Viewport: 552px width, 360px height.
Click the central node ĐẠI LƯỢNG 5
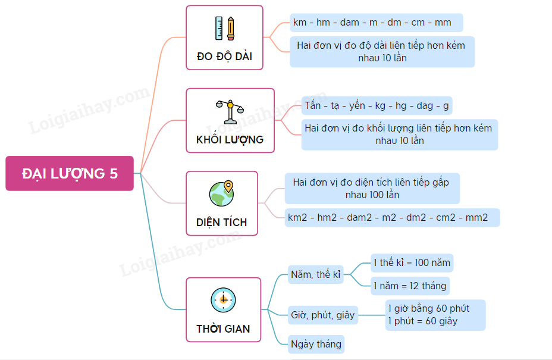click(70, 173)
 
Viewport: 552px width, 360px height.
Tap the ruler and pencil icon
click(224, 28)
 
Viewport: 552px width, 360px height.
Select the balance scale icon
click(230, 111)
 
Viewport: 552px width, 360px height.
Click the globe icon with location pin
click(221, 193)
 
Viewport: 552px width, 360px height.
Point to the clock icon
click(223, 299)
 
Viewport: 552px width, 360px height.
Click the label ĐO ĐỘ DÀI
click(224, 57)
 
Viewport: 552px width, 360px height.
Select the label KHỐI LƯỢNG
click(230, 140)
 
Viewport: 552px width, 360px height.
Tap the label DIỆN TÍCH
click(221, 223)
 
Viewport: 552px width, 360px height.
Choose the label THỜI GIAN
click(223, 328)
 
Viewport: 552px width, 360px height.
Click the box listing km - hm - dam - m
click(376, 23)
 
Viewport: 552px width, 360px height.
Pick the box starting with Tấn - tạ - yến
click(377, 106)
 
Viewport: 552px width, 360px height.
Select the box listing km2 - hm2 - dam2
click(392, 217)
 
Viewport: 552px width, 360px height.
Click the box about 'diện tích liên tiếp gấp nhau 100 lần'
click(372, 189)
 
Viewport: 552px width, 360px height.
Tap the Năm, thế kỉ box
click(315, 274)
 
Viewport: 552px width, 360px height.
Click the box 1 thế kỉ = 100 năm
click(412, 262)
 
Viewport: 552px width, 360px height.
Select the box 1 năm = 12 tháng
click(410, 286)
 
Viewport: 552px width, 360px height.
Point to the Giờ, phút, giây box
click(322, 315)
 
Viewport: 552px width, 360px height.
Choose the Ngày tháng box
click(316, 344)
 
